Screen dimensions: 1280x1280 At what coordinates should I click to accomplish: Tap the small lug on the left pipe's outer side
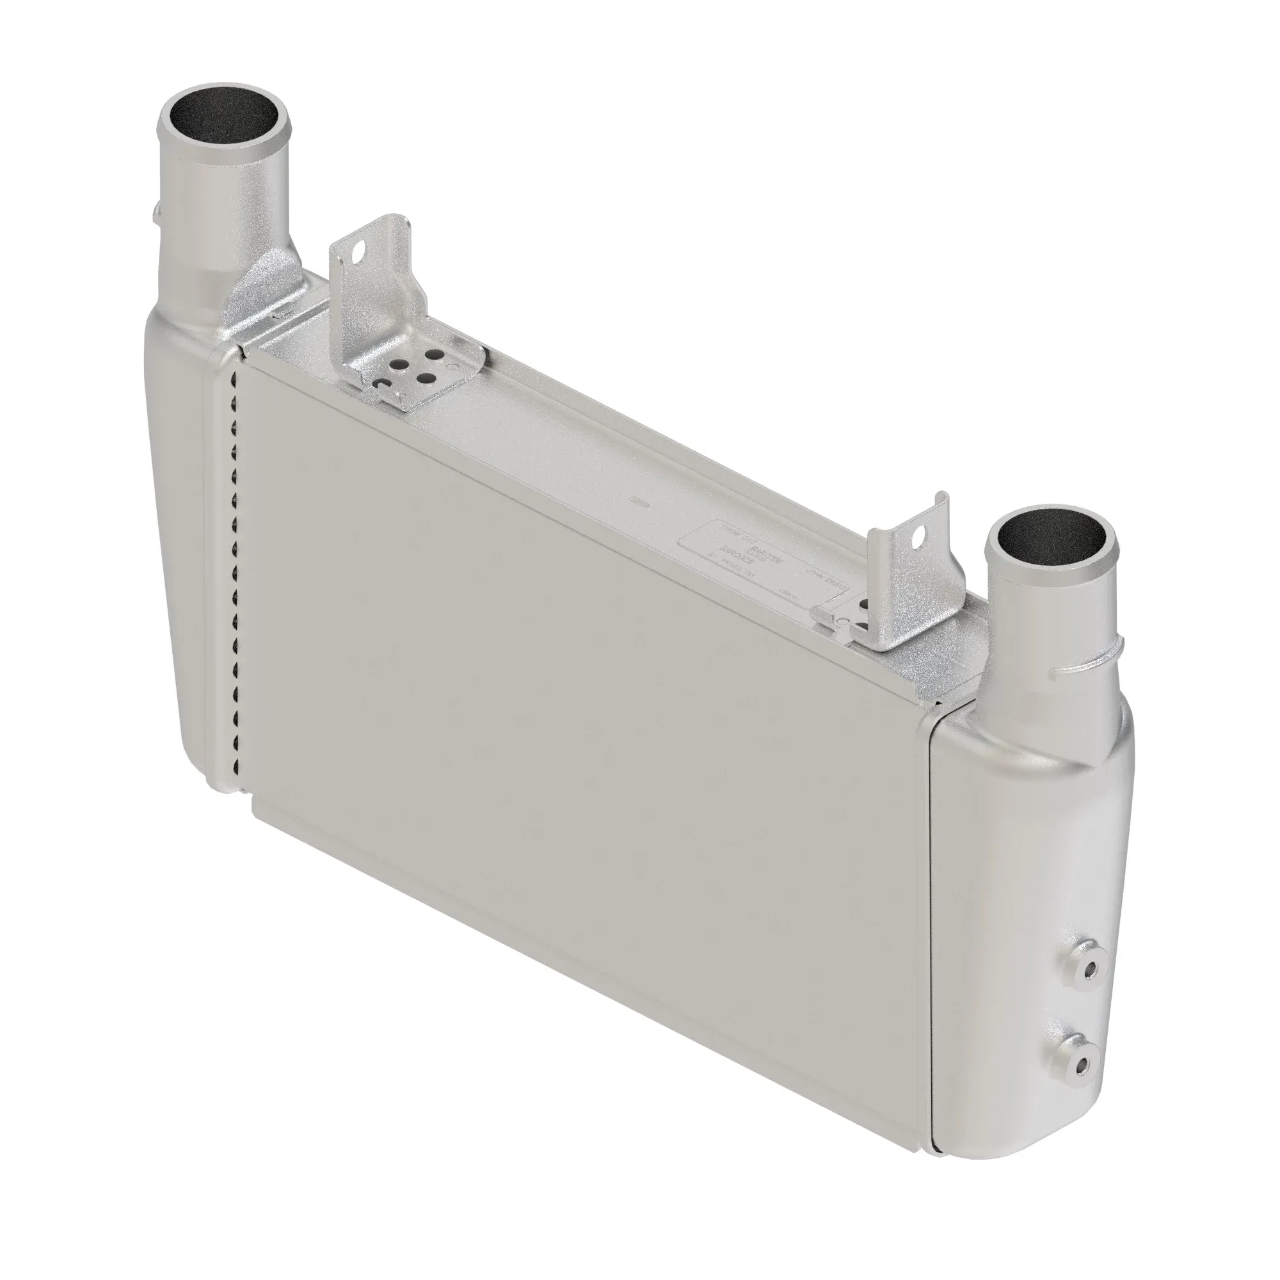(156, 212)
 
